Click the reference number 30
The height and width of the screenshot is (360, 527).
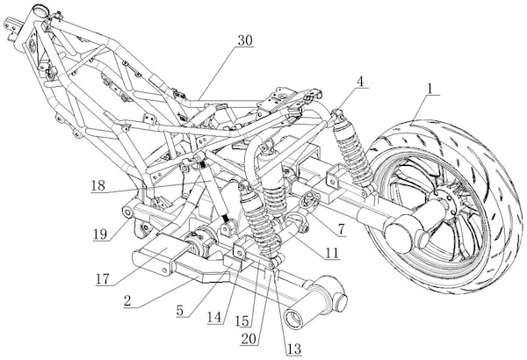245,40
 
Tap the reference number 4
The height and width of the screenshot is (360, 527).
360,82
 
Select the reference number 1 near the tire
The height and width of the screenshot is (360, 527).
430,89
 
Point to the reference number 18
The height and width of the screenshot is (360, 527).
98,185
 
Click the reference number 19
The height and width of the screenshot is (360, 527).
100,234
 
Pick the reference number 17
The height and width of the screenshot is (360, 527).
102,278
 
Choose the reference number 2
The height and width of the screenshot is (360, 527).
127,300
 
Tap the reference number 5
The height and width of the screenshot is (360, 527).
180,311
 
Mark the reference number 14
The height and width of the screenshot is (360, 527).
215,317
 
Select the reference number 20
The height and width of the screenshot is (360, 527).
249,339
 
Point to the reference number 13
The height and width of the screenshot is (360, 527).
293,349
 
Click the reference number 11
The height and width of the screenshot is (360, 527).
332,253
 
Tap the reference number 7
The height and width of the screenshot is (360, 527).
342,229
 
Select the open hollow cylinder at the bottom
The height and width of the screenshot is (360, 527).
293,318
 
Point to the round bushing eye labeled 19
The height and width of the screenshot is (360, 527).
127,212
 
